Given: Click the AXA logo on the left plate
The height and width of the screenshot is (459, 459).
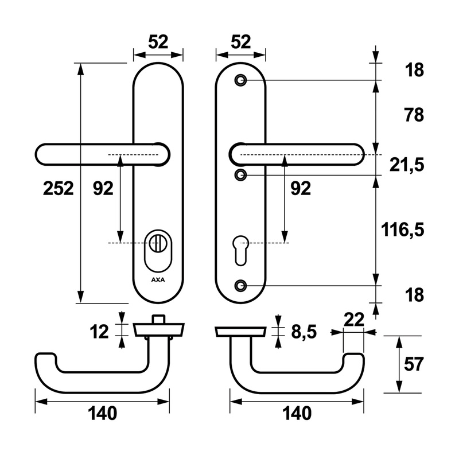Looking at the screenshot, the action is coord(158,279).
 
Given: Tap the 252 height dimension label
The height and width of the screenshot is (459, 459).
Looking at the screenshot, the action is coord(59,189).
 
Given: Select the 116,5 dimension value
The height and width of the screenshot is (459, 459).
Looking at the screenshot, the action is coord(403,230).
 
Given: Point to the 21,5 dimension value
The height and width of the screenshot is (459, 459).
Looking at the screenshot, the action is coord(407,165).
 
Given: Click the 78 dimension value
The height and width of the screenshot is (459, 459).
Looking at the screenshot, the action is coord(414,115).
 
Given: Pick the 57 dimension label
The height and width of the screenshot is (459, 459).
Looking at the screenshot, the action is coord(414,364).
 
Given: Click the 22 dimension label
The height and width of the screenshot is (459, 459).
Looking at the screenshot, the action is coord(354,320).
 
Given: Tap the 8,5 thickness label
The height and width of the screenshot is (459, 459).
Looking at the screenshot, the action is coord(304,332).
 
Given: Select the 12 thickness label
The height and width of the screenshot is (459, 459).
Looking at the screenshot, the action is coord(99,332).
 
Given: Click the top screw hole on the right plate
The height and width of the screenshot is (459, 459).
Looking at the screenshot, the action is coord(240,80).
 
